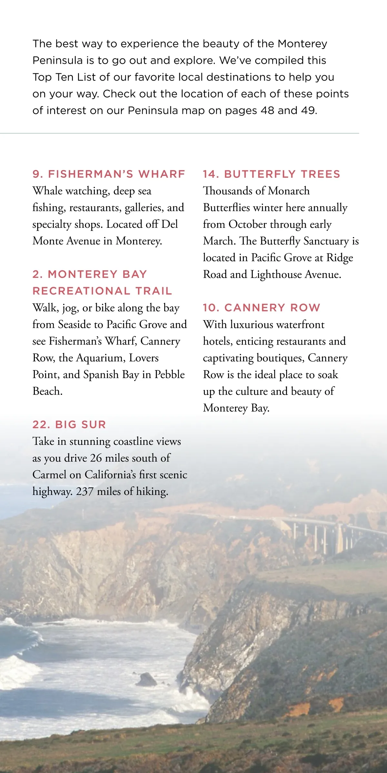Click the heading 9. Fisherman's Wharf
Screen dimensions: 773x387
click(109, 174)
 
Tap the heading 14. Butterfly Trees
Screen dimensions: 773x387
click(272, 174)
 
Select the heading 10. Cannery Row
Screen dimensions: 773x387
click(262, 308)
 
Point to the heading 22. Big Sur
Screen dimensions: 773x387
click(69, 425)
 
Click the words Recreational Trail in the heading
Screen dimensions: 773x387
click(102, 291)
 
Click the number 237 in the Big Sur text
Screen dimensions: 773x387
click(84, 491)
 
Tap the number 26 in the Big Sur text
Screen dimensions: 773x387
click(96, 458)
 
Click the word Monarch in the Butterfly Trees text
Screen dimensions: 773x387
click(289, 191)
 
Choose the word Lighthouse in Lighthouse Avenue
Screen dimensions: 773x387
click(276, 274)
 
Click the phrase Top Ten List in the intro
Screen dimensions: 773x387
click(64, 77)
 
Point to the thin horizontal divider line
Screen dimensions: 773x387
click(179, 133)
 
